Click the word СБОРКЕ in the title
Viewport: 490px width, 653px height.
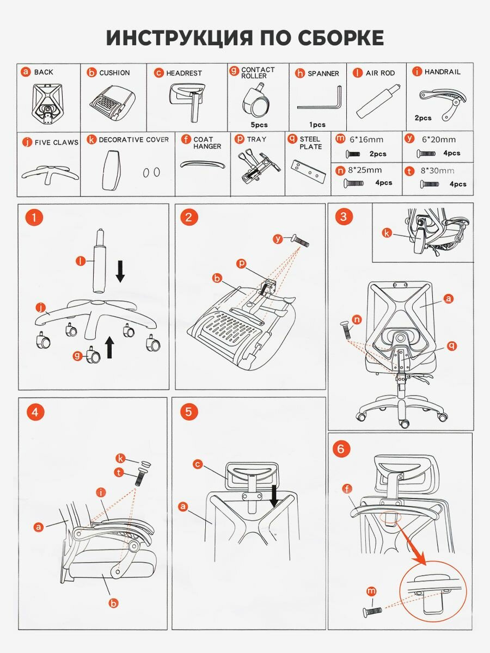(340, 38)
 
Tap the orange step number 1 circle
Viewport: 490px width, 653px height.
(34, 217)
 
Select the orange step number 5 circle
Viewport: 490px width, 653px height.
(188, 412)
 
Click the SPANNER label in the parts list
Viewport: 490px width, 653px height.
(323, 73)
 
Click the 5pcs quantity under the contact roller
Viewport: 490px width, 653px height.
(259, 125)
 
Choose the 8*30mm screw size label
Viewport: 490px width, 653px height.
(437, 171)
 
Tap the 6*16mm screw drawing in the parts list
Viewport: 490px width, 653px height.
(353, 154)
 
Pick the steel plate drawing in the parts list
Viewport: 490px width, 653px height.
(308, 171)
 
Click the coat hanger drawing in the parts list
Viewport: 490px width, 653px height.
(203, 164)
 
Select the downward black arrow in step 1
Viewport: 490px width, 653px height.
(120, 271)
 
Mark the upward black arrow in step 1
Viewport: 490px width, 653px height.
(110, 347)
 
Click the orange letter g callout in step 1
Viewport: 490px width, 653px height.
(78, 355)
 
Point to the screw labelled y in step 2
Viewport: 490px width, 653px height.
(299, 241)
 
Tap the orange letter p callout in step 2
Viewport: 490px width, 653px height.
(241, 263)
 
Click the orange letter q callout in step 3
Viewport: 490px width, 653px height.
(452, 346)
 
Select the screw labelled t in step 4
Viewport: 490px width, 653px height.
(139, 477)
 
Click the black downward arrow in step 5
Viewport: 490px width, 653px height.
(274, 496)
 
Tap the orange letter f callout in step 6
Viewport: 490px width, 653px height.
(347, 488)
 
